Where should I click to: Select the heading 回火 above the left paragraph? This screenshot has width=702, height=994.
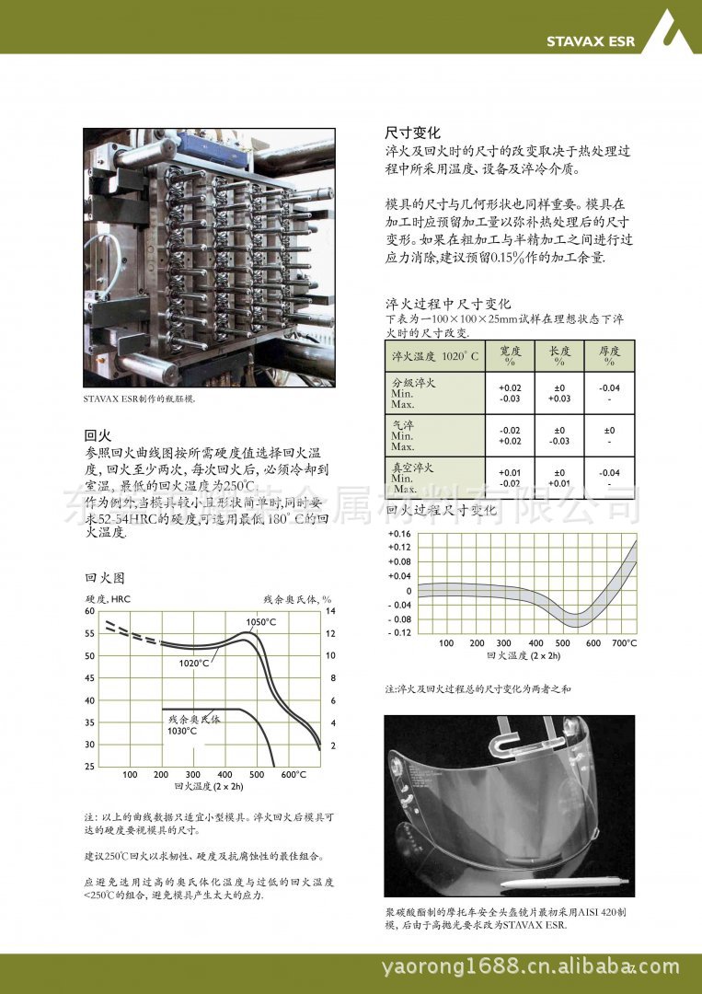pyautogui.click(x=98, y=435)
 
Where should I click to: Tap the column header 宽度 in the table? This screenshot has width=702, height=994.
pyautogui.click(x=510, y=356)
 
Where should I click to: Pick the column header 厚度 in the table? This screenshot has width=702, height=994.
pyautogui.click(x=609, y=356)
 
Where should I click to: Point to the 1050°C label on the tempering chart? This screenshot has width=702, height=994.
pyautogui.click(x=261, y=623)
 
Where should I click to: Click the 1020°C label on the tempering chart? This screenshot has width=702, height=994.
pyautogui.click(x=194, y=663)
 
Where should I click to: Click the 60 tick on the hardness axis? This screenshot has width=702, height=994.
pyautogui.click(x=89, y=611)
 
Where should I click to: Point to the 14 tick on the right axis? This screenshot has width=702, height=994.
pyautogui.click(x=331, y=611)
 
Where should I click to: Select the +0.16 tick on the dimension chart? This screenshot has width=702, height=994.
pyautogui.click(x=399, y=534)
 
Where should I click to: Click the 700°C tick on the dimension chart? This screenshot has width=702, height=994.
pyautogui.click(x=624, y=643)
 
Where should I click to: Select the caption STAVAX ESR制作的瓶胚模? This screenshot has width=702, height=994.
pyautogui.click(x=140, y=399)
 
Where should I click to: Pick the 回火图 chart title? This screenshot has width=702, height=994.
pyautogui.click(x=104, y=578)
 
